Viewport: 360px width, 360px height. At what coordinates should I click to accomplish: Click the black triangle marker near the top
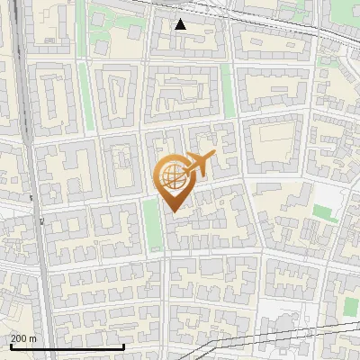point(181,24)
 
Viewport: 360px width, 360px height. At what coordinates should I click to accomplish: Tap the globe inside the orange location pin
point(171,175)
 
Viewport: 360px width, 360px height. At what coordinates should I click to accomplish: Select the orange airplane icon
point(198,163)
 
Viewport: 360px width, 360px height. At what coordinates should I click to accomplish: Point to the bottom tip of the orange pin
point(172,211)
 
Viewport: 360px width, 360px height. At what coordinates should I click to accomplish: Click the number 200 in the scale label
point(19,338)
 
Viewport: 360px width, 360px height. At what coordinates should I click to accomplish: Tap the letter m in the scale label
point(33,338)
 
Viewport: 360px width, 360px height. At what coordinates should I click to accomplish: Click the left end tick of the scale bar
point(11,346)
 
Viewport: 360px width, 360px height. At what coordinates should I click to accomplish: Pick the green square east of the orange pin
point(325,213)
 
